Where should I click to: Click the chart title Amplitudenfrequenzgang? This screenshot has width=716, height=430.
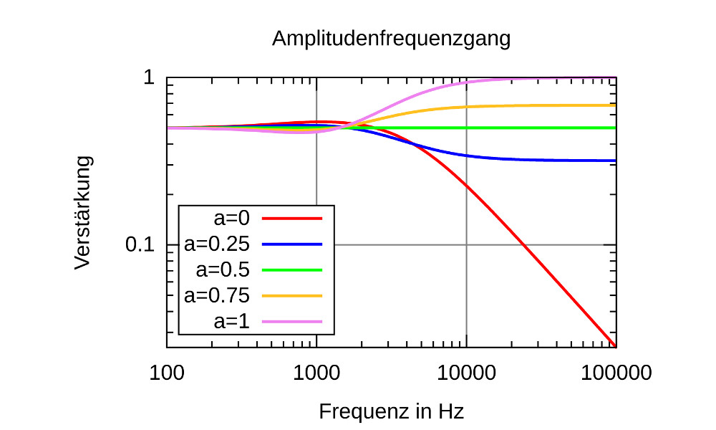point(391,39)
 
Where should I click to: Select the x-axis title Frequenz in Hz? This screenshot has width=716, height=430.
point(391,412)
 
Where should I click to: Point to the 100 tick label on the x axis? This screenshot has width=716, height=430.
point(167,374)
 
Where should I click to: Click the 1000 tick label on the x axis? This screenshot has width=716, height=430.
point(316,374)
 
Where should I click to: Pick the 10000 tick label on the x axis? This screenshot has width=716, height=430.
point(466,374)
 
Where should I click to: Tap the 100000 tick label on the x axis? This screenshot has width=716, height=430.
point(616,374)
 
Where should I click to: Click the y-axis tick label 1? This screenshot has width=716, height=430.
point(149,77)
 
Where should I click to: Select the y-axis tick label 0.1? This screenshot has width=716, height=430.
point(141,245)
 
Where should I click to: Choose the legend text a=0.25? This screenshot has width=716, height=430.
point(217,244)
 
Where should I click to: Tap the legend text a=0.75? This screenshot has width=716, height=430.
point(217,295)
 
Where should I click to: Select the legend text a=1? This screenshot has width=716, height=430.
point(231,321)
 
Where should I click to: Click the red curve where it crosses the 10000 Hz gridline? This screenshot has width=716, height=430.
point(466,185)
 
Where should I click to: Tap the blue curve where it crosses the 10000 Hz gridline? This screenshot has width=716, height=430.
point(466,155)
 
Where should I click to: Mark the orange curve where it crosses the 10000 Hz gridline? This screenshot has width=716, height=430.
point(466,107)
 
